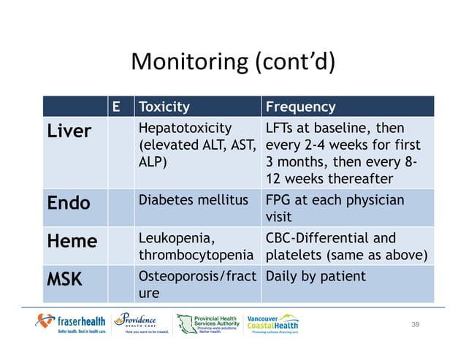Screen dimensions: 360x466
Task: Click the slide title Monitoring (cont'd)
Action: click(x=232, y=62)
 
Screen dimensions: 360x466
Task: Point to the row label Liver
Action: click(x=69, y=131)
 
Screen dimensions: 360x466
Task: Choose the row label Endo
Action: click(x=69, y=203)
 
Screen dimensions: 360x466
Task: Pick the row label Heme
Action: click(x=72, y=240)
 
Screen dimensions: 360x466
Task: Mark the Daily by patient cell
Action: click(x=316, y=277)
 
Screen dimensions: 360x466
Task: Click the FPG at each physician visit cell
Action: click(x=334, y=208)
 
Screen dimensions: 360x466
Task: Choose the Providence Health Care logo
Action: click(x=143, y=322)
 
